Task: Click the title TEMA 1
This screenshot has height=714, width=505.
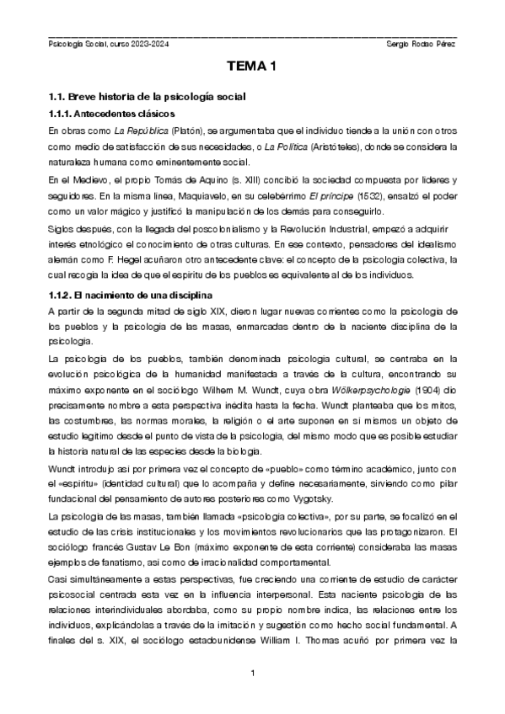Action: [252, 67]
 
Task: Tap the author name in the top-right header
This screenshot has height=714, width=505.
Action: [420, 43]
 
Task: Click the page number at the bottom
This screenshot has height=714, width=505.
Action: [252, 672]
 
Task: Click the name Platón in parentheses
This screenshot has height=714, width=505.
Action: [188, 131]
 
